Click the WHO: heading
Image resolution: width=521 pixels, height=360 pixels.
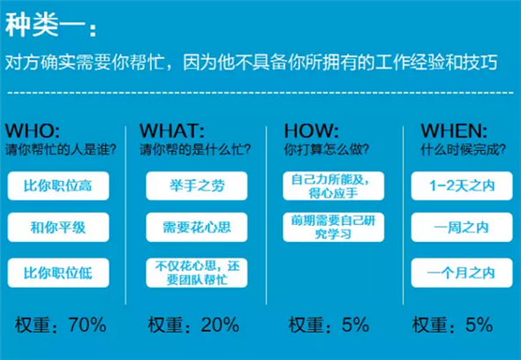pos(32,131)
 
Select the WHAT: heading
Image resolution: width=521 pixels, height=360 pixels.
pos(172,131)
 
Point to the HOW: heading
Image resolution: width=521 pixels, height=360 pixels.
pos(312,131)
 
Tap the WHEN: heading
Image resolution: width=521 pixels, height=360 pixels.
pos(454,131)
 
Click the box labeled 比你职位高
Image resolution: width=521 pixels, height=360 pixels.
pos(58,186)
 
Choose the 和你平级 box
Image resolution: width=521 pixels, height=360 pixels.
pos(58,227)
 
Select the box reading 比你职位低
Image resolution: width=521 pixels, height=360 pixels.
pos(58,273)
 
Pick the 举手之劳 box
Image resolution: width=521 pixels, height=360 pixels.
pos(197,186)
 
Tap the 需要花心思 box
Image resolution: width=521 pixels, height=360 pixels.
pos(197,227)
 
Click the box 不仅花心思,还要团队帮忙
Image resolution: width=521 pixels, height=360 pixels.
pos(197,273)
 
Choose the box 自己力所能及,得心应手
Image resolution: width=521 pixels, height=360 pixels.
pos(333,186)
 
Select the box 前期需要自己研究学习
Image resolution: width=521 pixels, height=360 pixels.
pos(333,227)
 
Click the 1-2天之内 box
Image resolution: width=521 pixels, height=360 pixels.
pos(462,186)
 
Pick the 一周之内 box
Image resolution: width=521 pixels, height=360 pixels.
pos(462,227)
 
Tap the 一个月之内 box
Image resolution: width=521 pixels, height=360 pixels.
pos(462,273)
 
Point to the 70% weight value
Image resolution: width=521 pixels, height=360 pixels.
pos(87,325)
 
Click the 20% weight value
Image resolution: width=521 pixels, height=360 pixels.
pos(220,325)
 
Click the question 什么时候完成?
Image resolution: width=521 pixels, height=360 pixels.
pos(464,150)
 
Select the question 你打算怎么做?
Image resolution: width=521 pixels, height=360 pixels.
pos(327,150)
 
